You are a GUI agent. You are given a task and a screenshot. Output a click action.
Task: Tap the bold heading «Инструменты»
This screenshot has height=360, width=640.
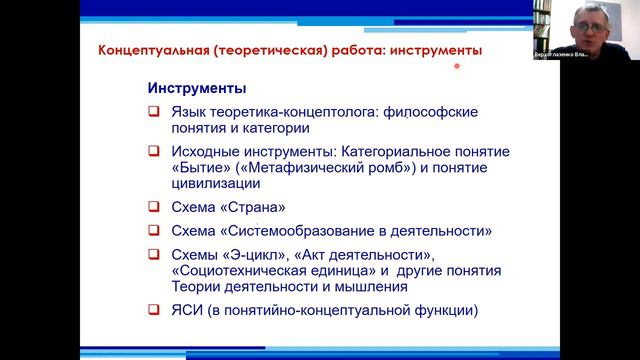click(196, 88)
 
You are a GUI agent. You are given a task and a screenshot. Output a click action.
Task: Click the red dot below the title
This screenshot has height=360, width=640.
click(456, 67)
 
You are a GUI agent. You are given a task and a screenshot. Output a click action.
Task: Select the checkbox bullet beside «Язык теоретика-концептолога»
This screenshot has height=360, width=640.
click(153, 112)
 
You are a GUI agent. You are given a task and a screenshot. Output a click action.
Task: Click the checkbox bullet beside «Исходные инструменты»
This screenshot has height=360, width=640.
click(153, 152)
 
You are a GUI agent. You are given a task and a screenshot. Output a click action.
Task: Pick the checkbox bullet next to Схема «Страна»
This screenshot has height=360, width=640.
click(153, 208)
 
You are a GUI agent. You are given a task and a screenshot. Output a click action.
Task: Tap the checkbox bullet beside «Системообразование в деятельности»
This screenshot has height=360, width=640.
click(153, 231)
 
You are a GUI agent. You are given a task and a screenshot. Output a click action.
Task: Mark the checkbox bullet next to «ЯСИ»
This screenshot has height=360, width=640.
click(153, 310)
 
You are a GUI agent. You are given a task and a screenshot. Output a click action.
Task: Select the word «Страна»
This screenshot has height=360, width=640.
click(253, 208)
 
